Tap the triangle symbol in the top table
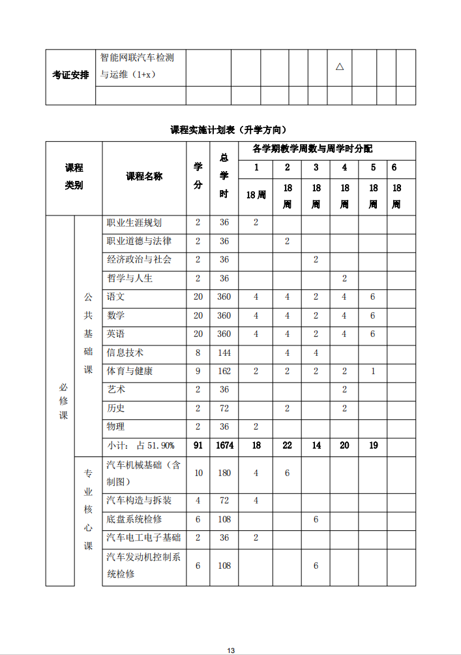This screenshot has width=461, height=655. click(339, 67)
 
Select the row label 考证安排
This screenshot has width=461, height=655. click(70, 75)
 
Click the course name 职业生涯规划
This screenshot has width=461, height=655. click(134, 223)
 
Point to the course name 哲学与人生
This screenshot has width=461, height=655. click(130, 278)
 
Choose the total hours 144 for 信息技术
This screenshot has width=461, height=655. click(224, 353)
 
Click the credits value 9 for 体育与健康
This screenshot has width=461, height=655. click(198, 371)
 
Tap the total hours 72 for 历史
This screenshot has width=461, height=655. click(224, 408)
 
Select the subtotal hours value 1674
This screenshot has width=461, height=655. click(224, 445)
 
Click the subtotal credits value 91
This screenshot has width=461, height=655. click(198, 445)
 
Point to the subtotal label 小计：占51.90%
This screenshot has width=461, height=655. click(141, 445)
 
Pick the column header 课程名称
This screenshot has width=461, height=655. click(144, 176)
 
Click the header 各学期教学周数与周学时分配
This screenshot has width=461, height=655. click(312, 150)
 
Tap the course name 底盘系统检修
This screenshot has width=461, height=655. click(134, 519)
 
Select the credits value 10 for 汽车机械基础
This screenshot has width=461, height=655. click(198, 473)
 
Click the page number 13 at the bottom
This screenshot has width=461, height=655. click(231, 650)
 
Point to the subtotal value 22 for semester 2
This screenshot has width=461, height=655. click(287, 445)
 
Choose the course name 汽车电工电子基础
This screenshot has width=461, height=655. click(143, 537)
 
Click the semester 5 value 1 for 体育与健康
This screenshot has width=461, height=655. click(373, 371)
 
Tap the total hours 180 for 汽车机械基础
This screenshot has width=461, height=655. click(224, 473)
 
